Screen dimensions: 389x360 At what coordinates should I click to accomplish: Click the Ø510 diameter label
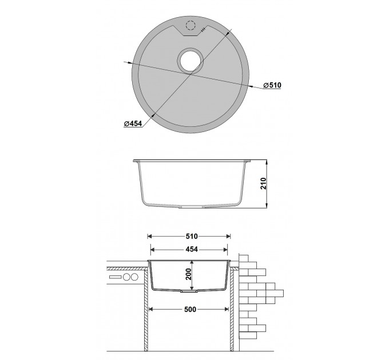point(272,85)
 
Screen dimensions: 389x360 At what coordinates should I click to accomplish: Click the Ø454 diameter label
point(133,123)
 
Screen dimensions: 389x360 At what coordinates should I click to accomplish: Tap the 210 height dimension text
point(263,183)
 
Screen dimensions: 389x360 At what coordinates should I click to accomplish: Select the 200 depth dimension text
point(189,274)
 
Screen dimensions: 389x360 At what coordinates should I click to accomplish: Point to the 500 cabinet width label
point(190,309)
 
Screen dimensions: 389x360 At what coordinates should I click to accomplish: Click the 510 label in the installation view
point(192,237)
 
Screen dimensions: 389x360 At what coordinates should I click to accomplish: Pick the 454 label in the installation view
point(192,249)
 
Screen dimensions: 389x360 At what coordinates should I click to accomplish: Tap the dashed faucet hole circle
point(190,25)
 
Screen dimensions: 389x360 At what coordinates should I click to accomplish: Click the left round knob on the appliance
point(126,277)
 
